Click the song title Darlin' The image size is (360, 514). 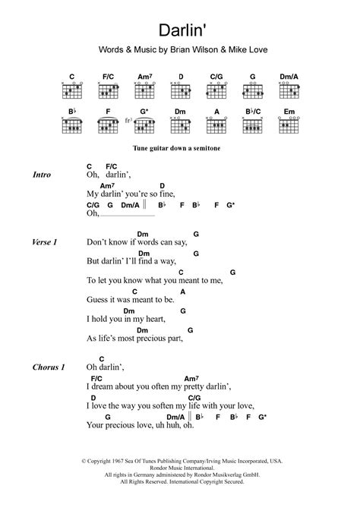coord(180,31)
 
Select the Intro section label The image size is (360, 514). coord(42,175)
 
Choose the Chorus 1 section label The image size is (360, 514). coord(48,367)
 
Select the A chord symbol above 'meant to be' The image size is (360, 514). coord(182,292)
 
